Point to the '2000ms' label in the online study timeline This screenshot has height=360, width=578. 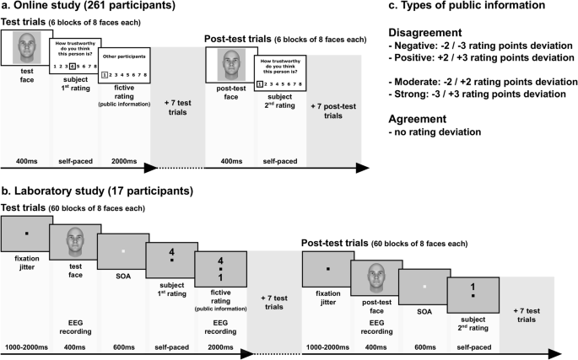click(x=123, y=157)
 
